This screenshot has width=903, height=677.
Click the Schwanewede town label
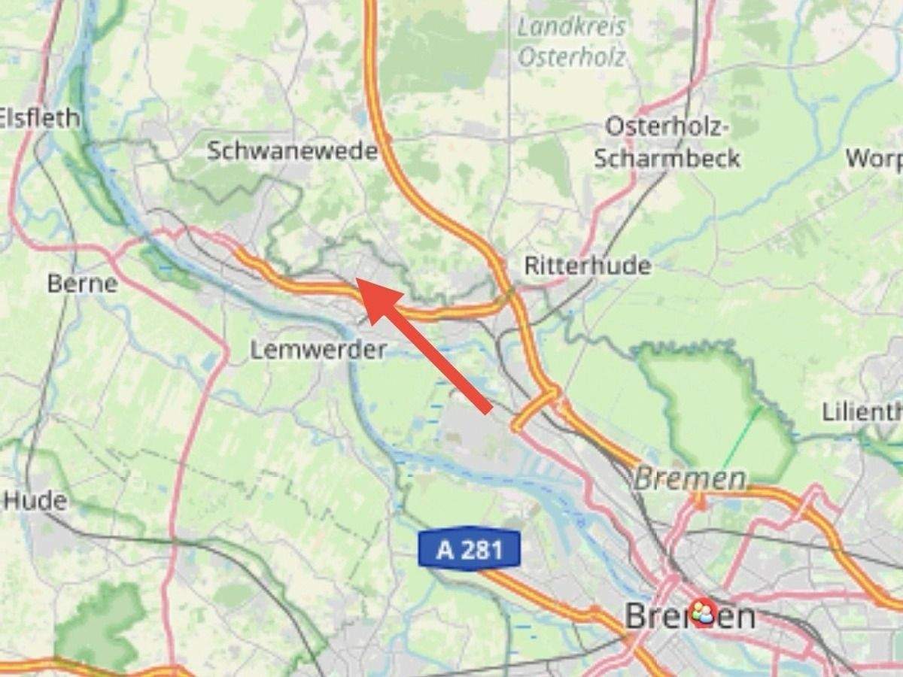pyautogui.click(x=292, y=150)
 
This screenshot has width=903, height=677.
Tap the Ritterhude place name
pyautogui.click(x=587, y=266)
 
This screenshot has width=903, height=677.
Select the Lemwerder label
pyautogui.click(x=318, y=350)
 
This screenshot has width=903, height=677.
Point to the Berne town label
pyautogui.click(x=82, y=284)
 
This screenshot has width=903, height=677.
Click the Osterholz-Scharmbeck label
pyautogui.click(x=667, y=142)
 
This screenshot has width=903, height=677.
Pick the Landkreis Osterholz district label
pyautogui.click(x=572, y=41)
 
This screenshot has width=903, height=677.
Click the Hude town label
pyautogui.click(x=35, y=500)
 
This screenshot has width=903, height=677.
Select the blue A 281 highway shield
pyautogui.click(x=470, y=550)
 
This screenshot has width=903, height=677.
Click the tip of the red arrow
pyautogui.click(x=357, y=280)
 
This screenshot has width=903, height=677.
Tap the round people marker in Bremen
pyautogui.click(x=702, y=612)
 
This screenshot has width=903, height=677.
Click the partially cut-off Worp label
pyautogui.click(x=874, y=159)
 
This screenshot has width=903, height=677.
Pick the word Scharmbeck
pyautogui.click(x=667, y=159)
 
